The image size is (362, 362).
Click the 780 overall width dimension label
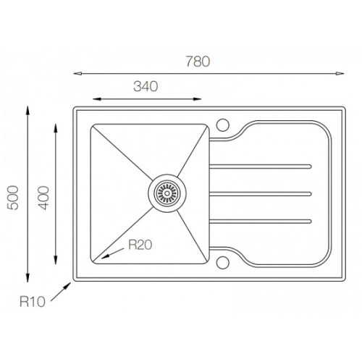coord(198,62)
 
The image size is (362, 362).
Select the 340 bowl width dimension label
coord(146,86)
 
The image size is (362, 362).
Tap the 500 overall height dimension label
coord(13,198)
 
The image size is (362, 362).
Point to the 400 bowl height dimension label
coord(43,198)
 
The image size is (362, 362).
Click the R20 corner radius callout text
coord(140,245)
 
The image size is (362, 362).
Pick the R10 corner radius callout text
coord(33,302)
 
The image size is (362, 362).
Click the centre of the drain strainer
coord(167,193)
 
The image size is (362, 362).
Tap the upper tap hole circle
coord(223,125)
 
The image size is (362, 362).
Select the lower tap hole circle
coord(223,263)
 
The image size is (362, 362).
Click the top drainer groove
coord(261,167)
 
